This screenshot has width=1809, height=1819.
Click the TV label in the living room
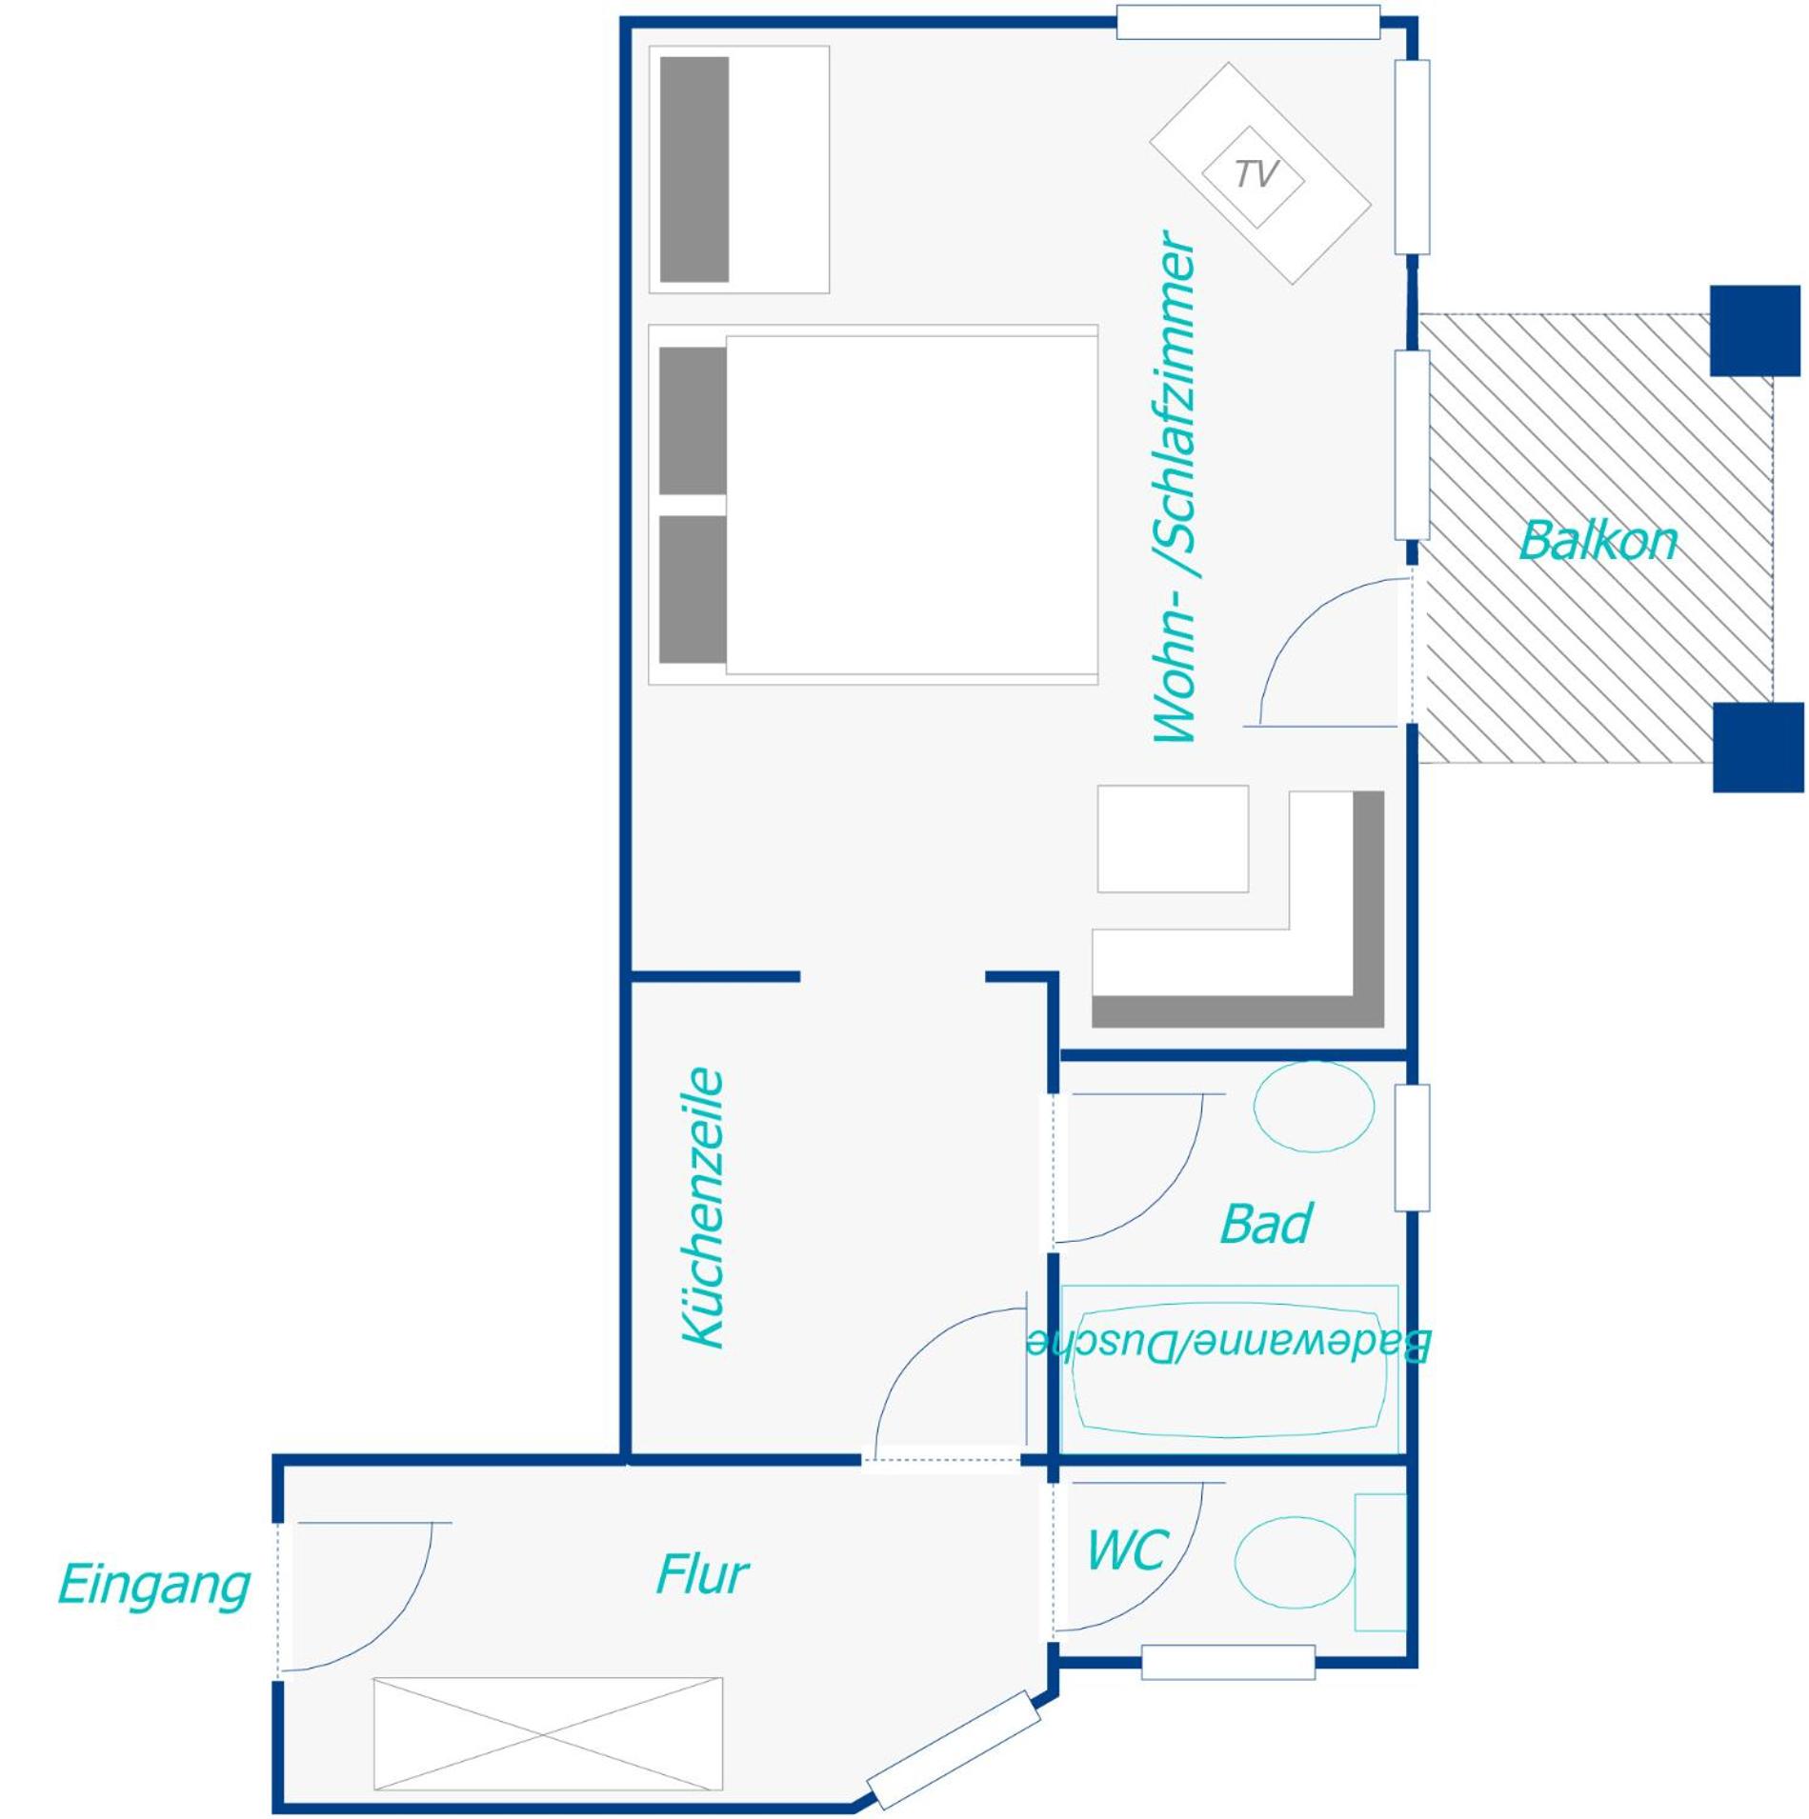click(1256, 174)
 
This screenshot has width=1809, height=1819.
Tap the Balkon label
click(1597, 541)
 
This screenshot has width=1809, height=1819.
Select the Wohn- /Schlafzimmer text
click(1175, 487)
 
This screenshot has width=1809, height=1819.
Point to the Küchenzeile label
click(705, 1208)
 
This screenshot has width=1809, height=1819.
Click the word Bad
click(1265, 1223)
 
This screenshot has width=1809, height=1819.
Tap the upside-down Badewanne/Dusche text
click(1228, 1344)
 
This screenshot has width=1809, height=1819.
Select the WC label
click(1127, 1549)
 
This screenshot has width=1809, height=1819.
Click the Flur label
click(702, 1574)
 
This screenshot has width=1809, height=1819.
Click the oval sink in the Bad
click(1314, 1106)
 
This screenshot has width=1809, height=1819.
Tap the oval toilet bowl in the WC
click(1295, 1563)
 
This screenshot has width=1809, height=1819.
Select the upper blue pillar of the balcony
click(1755, 330)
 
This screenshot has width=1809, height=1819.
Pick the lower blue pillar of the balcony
click(1758, 748)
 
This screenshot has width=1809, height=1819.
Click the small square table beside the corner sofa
click(1173, 838)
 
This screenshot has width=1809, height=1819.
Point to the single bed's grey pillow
click(694, 170)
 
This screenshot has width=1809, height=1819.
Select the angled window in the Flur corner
click(954, 1750)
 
